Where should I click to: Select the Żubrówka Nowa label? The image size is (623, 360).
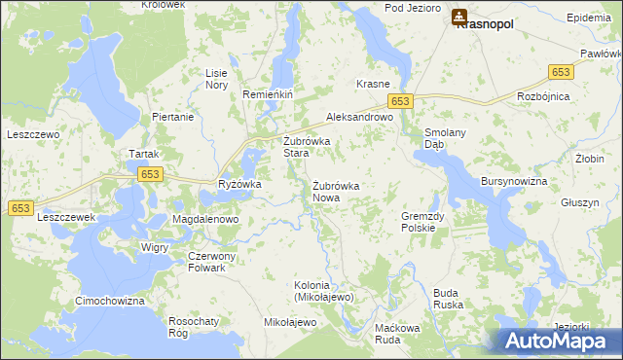(x=336, y=192)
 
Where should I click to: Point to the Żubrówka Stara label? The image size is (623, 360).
(x=307, y=147)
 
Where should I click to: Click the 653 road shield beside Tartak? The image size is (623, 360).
(x=149, y=174)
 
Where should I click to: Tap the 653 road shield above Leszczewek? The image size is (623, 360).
(x=22, y=208)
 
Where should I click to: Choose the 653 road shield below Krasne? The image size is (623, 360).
(x=400, y=101)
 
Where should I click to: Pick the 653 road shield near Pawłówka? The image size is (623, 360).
(x=560, y=73)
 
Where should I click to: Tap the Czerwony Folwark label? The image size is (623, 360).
(x=205, y=262)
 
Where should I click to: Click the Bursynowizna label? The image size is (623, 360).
(x=514, y=182)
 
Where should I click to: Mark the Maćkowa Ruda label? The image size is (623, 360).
(x=396, y=334)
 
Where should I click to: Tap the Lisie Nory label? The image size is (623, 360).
(x=216, y=79)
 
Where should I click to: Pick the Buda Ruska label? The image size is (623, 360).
(x=447, y=298)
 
